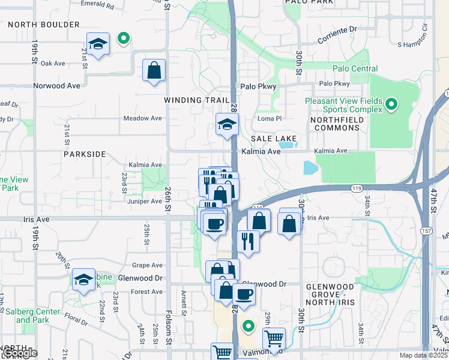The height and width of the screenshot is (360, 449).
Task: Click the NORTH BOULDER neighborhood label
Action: (44, 25)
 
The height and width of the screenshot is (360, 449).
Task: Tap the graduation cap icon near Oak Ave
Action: (97, 44)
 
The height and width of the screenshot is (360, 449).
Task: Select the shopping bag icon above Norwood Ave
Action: (154, 70)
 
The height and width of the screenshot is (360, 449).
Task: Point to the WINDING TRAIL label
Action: (197, 100)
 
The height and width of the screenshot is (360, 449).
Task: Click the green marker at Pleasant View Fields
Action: (391, 106)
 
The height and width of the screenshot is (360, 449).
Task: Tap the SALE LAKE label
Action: (274, 138)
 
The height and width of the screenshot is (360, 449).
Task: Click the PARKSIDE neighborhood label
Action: (85, 154)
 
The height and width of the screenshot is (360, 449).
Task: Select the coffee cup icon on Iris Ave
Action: (214, 224)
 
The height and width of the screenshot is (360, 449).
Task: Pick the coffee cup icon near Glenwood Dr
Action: (244, 295)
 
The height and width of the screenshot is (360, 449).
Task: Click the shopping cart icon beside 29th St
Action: (274, 338)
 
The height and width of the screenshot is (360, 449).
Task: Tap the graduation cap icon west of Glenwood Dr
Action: (83, 279)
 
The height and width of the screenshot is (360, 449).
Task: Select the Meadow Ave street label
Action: (143, 118)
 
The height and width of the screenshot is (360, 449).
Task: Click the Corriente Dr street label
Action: (337, 28)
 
